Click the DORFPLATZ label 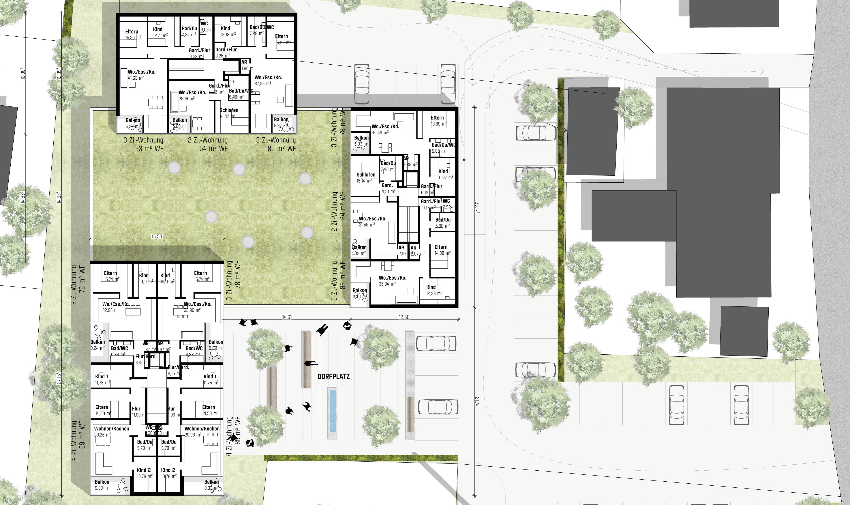(333, 376)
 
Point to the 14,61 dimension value (287, 317)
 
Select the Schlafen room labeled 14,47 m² (229, 113)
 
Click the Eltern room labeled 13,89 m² (438, 120)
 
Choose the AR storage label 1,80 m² (247, 65)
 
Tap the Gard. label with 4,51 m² (388, 188)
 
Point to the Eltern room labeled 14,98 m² (442, 250)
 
